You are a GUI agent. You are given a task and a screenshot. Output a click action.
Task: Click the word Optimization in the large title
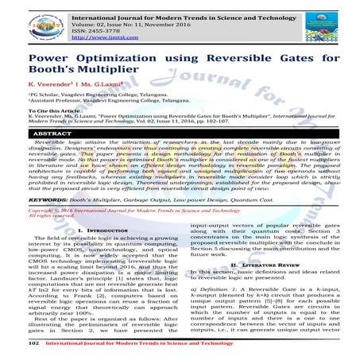117,59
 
